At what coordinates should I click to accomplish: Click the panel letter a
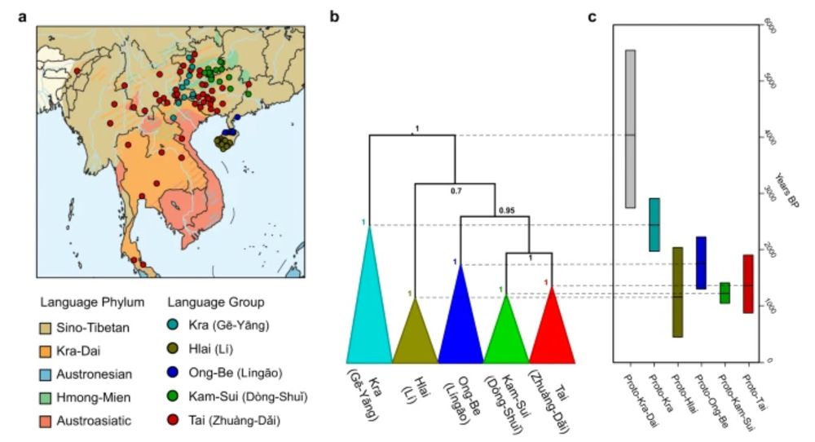click(x=23, y=17)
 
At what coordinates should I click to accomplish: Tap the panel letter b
click(x=335, y=17)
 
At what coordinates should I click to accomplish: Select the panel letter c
click(x=593, y=17)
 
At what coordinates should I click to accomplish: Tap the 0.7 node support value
click(x=456, y=192)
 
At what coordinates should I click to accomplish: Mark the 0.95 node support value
click(x=508, y=210)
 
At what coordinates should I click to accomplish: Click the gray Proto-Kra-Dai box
click(x=630, y=129)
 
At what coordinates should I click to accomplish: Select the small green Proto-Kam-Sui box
click(x=725, y=293)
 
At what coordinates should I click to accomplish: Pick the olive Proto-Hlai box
click(x=677, y=292)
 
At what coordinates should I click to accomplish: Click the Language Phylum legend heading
click(x=91, y=302)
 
